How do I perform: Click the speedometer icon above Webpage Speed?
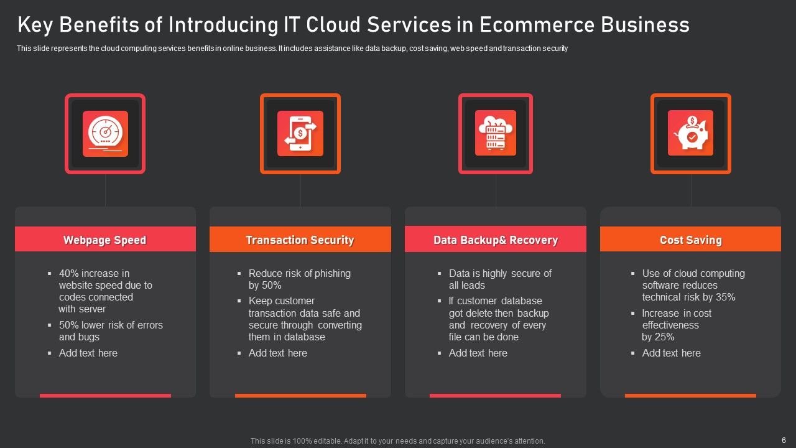click(105, 134)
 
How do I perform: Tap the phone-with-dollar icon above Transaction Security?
click(300, 134)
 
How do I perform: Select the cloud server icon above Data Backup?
click(496, 133)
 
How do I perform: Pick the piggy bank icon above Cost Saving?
click(690, 133)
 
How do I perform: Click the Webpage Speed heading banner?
click(105, 240)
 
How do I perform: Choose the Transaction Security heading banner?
click(300, 240)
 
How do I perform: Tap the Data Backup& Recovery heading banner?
click(495, 240)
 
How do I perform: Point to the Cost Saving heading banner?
click(690, 240)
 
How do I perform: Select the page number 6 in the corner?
click(784, 439)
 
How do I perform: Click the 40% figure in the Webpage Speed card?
click(69, 273)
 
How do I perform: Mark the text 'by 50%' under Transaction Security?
click(265, 285)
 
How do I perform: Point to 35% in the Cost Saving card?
click(725, 297)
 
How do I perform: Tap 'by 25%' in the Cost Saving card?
click(658, 337)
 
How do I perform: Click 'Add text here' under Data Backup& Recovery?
click(478, 353)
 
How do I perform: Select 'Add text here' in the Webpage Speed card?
click(88, 353)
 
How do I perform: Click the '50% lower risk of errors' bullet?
click(111, 325)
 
